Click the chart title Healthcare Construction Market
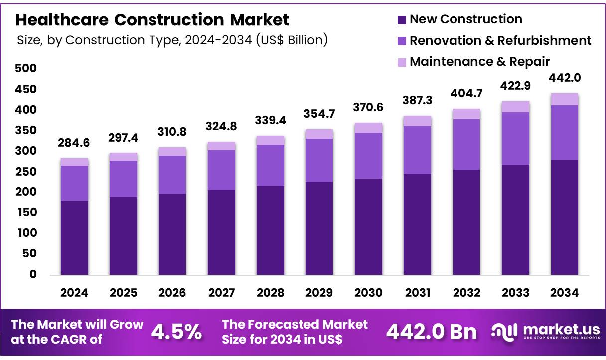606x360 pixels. coord(152,20)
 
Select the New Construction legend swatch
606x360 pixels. coord(402,20)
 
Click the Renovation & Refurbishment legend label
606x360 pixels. coord(500,40)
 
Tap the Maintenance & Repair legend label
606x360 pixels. coord(479,61)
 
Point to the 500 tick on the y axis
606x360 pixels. coord(26,68)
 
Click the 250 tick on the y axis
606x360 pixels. coord(26,172)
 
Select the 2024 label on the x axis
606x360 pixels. coord(74,293)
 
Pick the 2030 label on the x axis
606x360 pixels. coord(369,293)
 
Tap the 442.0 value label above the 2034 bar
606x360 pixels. coord(565,78)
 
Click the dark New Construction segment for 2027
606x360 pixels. coord(221,232)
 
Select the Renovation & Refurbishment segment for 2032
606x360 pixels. coord(466,144)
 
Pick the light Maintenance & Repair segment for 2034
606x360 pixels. coord(565,99)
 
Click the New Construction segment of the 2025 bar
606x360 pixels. coord(123,236)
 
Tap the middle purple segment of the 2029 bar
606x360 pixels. coord(319,160)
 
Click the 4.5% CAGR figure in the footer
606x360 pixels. coord(176,332)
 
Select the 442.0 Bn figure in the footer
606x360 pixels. coord(432,332)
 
